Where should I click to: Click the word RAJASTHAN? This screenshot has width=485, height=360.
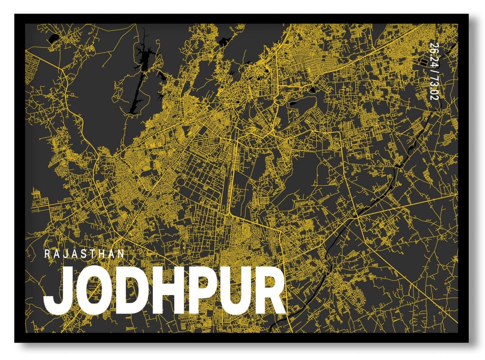click(85, 253)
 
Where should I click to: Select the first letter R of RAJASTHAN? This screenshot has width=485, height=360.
click(47, 253)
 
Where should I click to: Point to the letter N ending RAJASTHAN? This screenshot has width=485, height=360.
click(122, 253)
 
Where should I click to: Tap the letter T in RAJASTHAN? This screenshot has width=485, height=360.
click(94, 253)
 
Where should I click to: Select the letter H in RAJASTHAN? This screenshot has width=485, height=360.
click(103, 253)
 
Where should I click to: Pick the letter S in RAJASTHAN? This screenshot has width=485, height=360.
click(85, 253)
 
